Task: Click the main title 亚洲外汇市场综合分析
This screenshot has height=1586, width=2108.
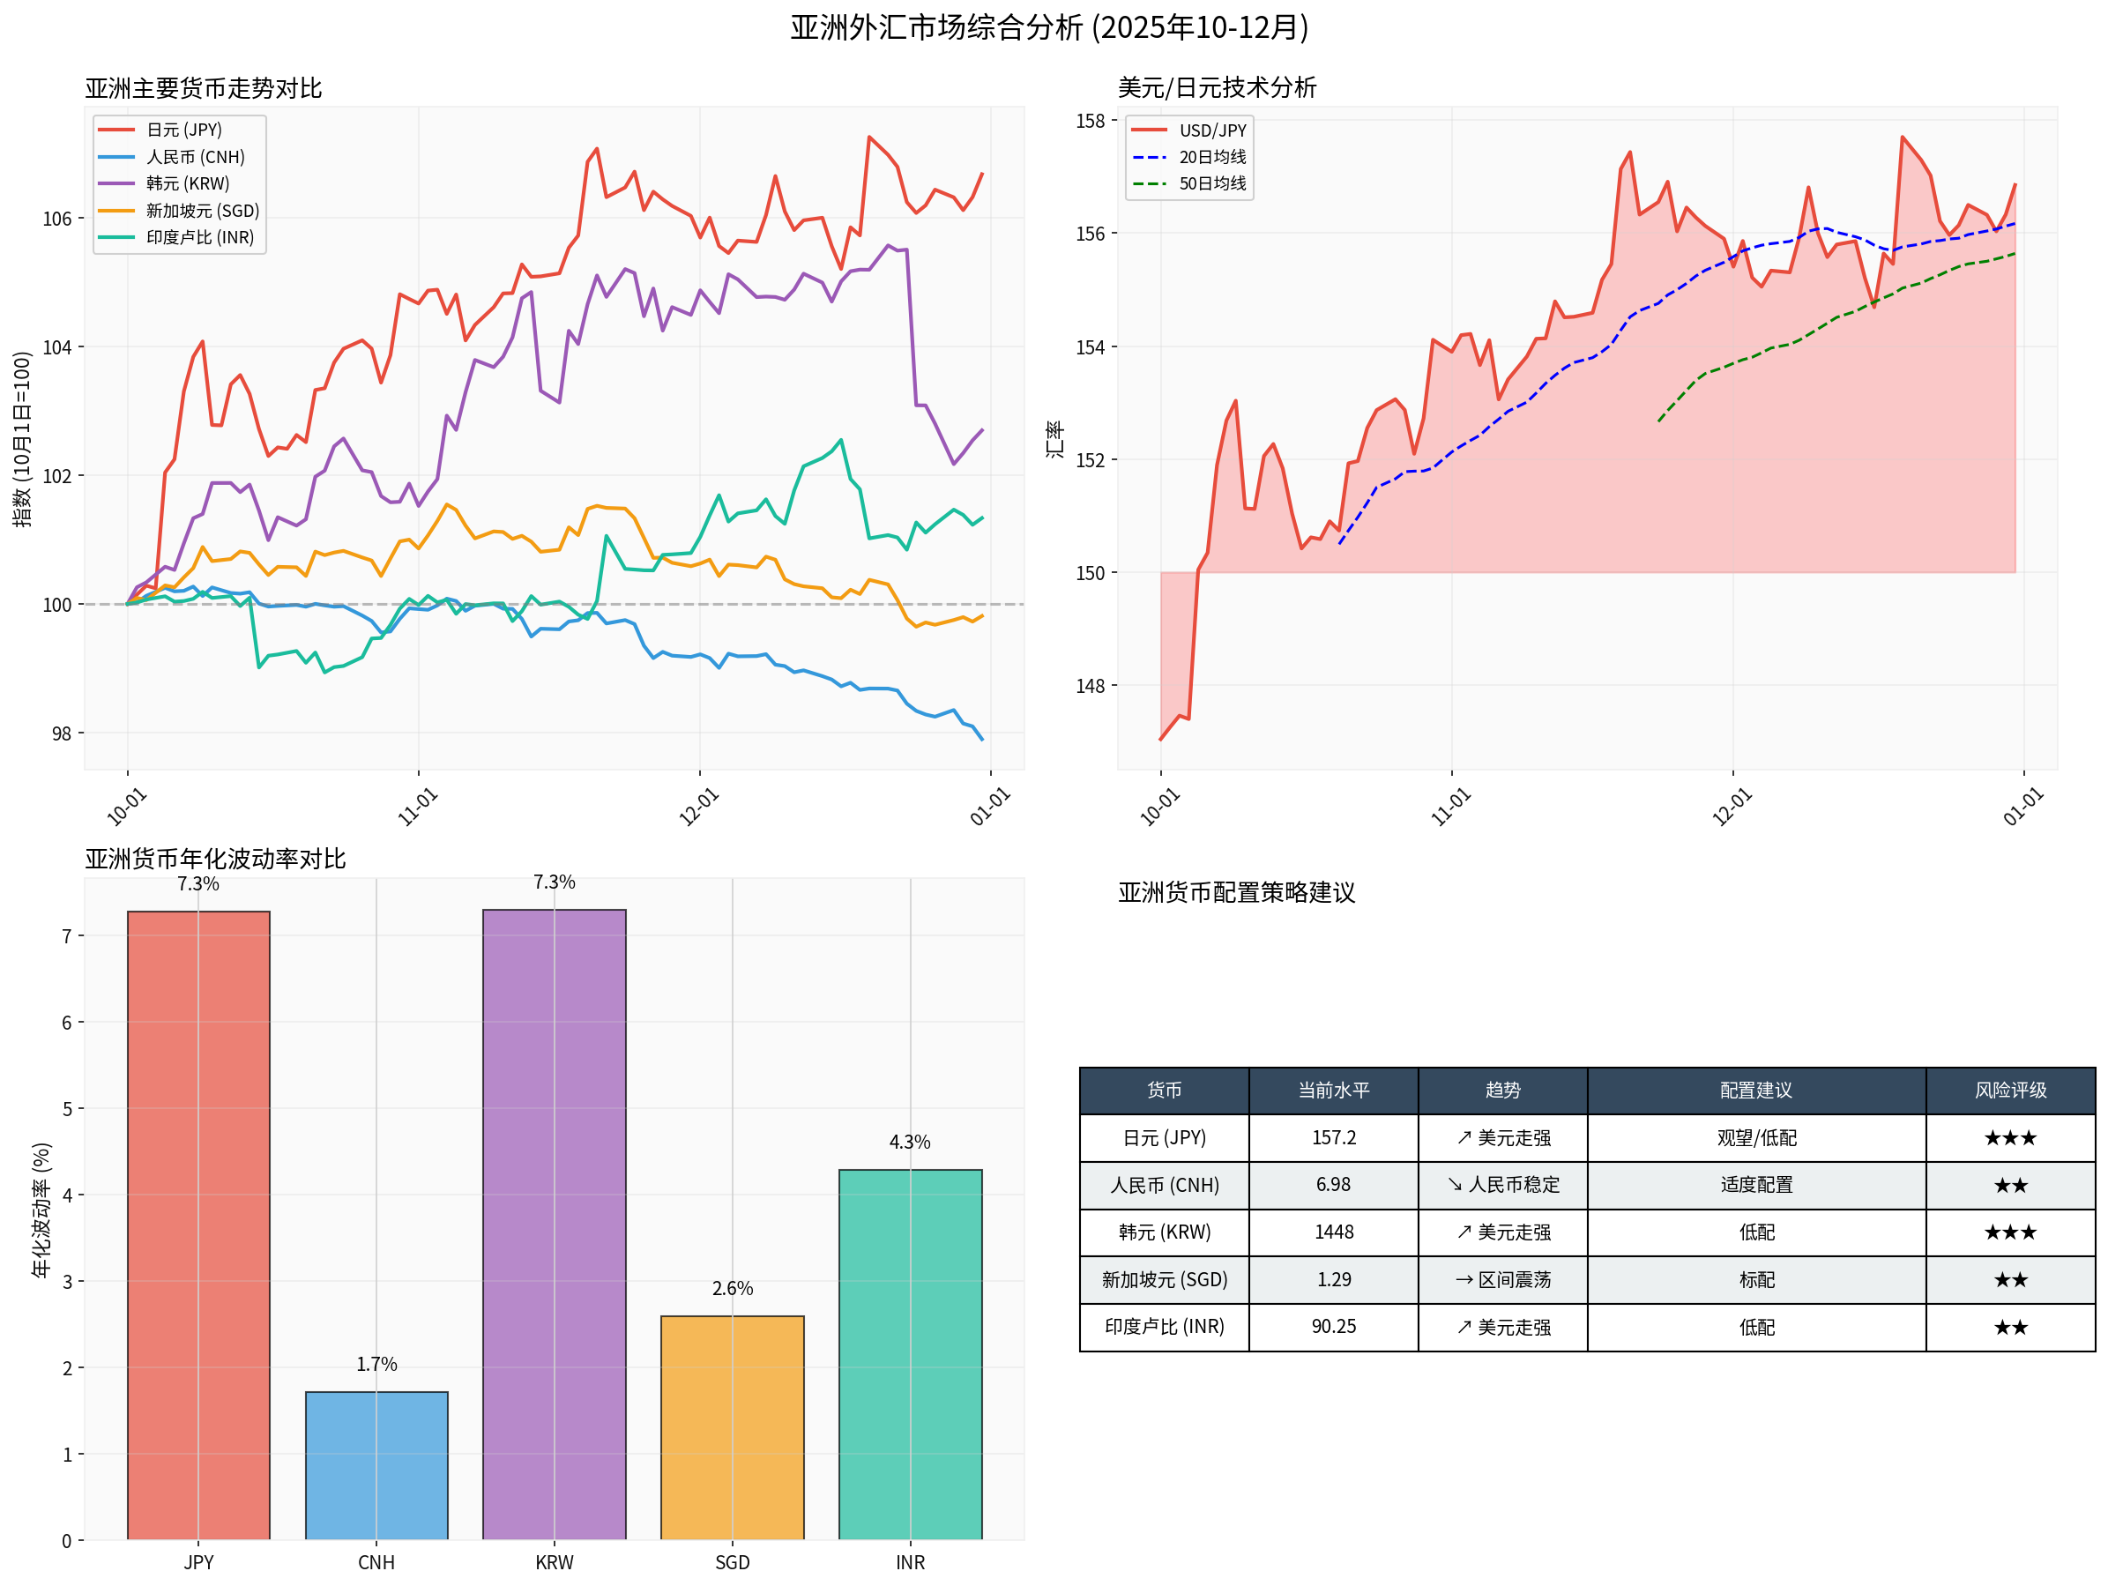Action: tap(1048, 26)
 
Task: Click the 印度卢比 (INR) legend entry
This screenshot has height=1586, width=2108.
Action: tap(199, 237)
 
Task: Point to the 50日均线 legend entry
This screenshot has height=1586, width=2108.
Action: tap(1211, 183)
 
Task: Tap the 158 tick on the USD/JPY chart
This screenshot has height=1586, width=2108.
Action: tap(1091, 121)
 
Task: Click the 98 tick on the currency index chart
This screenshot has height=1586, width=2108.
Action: tap(61, 733)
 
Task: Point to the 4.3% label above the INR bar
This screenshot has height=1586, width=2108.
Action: tap(909, 1142)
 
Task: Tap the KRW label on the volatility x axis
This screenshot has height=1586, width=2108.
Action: tap(554, 1562)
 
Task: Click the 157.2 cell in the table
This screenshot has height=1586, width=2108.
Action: tap(1333, 1137)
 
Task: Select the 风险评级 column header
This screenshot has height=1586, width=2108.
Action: tap(2010, 1090)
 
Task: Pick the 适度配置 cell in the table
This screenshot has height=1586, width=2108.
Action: tap(1755, 1185)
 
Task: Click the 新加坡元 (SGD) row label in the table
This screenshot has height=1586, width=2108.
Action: tap(1164, 1279)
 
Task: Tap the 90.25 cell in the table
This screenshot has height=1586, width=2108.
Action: tap(1333, 1327)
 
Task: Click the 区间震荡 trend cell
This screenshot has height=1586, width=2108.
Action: tap(1503, 1279)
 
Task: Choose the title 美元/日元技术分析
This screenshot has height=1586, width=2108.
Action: tap(1216, 87)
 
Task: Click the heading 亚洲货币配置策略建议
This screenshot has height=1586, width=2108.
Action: tap(1235, 892)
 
